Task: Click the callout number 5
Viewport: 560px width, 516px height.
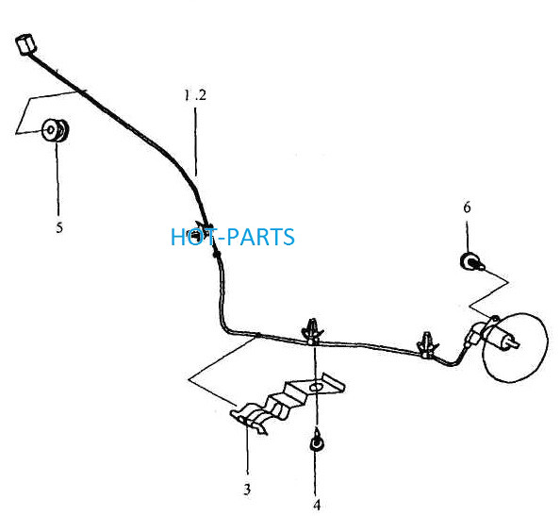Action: pyautogui.click(x=59, y=227)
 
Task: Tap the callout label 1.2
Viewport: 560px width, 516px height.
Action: pyautogui.click(x=195, y=95)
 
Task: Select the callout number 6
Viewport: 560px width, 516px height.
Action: pyautogui.click(x=468, y=208)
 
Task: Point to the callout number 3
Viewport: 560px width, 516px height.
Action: pyautogui.click(x=247, y=490)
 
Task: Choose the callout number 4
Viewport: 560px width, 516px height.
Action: pyautogui.click(x=317, y=506)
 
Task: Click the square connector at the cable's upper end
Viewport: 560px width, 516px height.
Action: pyautogui.click(x=25, y=44)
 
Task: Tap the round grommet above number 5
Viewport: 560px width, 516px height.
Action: pyautogui.click(x=55, y=130)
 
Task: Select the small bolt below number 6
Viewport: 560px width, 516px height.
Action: pyautogui.click(x=471, y=262)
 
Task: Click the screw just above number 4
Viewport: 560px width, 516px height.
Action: pyautogui.click(x=316, y=442)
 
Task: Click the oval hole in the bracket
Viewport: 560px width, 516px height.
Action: pyautogui.click(x=317, y=387)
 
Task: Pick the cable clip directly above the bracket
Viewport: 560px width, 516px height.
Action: pyautogui.click(x=312, y=331)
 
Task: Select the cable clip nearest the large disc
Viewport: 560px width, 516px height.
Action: pyautogui.click(x=427, y=344)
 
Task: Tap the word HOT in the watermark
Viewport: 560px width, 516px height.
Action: pyautogui.click(x=192, y=237)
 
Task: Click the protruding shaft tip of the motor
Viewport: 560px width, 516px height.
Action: pyautogui.click(x=516, y=343)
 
